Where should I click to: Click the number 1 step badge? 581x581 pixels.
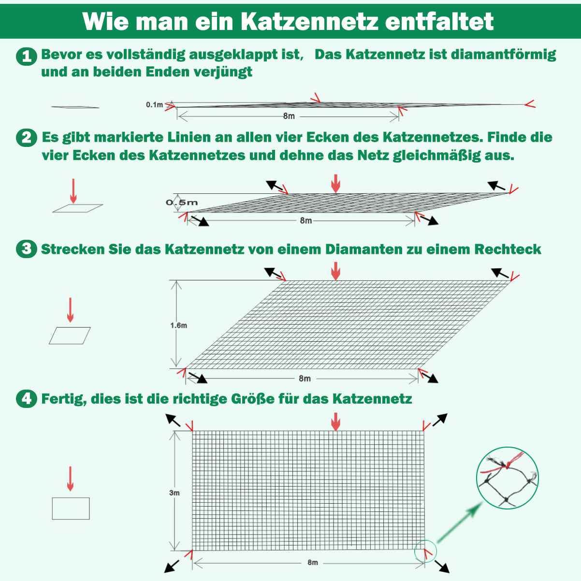point(27,57)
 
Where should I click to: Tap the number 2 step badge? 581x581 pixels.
point(27,138)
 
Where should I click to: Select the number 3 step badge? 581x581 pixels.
point(27,249)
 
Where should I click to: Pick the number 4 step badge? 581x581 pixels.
point(27,399)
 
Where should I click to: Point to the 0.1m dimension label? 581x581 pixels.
point(155,104)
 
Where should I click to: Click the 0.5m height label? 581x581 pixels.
point(182,202)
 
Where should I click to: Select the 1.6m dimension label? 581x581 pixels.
point(178,325)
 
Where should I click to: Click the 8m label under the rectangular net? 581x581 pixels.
point(312,562)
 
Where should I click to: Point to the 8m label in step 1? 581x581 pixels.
point(289,116)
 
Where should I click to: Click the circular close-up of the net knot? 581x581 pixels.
point(507,477)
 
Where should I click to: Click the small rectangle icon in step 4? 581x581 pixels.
point(71,508)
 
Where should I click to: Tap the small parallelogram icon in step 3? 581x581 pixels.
point(70,335)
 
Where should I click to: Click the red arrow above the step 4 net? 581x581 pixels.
point(335,421)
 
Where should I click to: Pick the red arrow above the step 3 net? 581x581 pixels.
point(335,271)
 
